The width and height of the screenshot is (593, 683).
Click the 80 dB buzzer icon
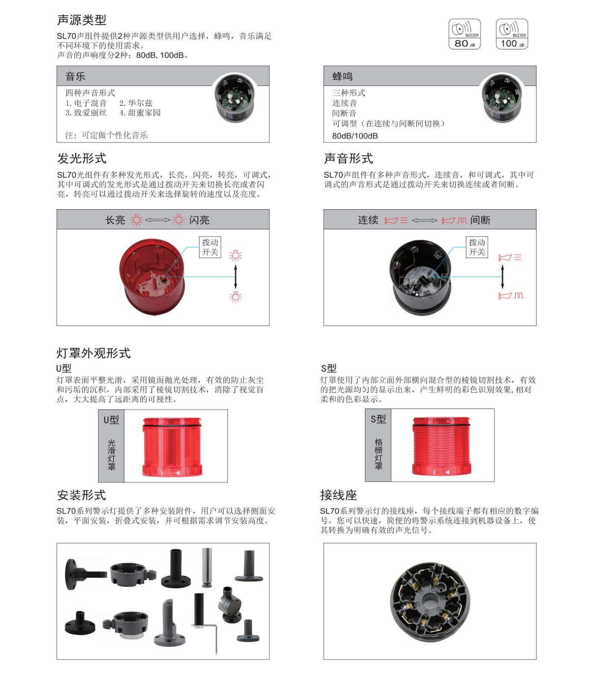click(x=464, y=34)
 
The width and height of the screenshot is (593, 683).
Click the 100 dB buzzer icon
click(x=512, y=34)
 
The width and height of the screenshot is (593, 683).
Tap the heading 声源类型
click(x=82, y=20)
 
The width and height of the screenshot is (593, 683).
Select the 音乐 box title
click(x=75, y=76)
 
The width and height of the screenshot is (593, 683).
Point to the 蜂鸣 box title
click(x=342, y=76)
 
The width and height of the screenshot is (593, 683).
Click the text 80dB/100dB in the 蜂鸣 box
click(x=355, y=136)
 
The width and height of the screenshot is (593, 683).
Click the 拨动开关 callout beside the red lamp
click(x=210, y=247)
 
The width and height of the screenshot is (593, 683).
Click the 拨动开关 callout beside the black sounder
click(x=477, y=247)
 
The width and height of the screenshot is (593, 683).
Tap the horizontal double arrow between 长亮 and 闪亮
click(x=158, y=220)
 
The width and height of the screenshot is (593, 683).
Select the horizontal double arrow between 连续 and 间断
click(x=424, y=220)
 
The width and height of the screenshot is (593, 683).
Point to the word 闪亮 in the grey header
click(x=199, y=220)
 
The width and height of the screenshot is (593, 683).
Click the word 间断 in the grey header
click(x=480, y=220)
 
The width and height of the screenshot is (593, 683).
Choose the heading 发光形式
click(x=82, y=158)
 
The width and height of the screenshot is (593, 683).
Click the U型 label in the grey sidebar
click(x=111, y=420)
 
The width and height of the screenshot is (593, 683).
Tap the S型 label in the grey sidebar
click(x=378, y=419)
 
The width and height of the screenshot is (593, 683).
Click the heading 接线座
click(x=339, y=495)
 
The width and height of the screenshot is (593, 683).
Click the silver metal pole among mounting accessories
click(x=207, y=567)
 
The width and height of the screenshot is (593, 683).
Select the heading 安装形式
click(x=82, y=495)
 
